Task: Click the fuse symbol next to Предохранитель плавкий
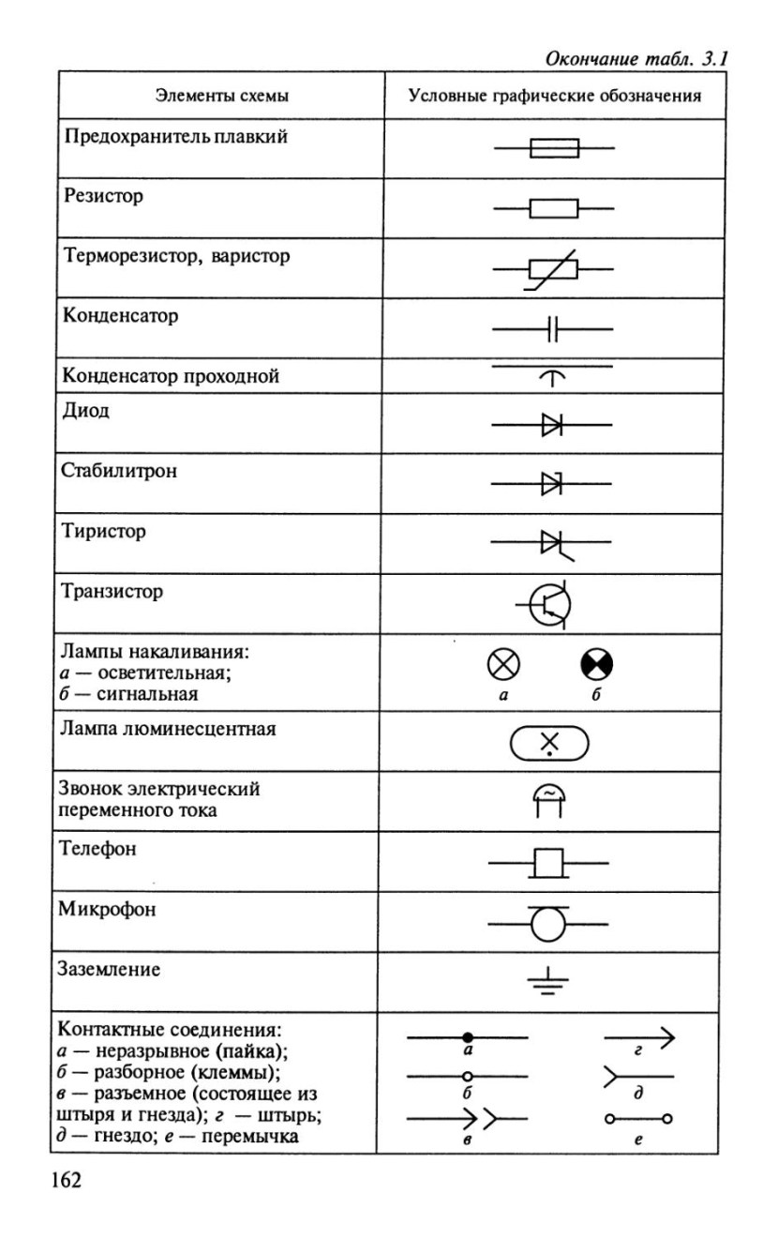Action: tap(554, 148)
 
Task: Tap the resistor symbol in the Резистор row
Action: tap(553, 208)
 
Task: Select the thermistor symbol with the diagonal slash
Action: tap(553, 269)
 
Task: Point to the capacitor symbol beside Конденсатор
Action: tap(553, 329)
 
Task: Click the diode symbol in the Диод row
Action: tap(552, 426)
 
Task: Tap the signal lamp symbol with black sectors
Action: tap(597, 668)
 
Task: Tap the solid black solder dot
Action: tap(467, 1036)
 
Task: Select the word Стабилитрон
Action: tap(119, 471)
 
